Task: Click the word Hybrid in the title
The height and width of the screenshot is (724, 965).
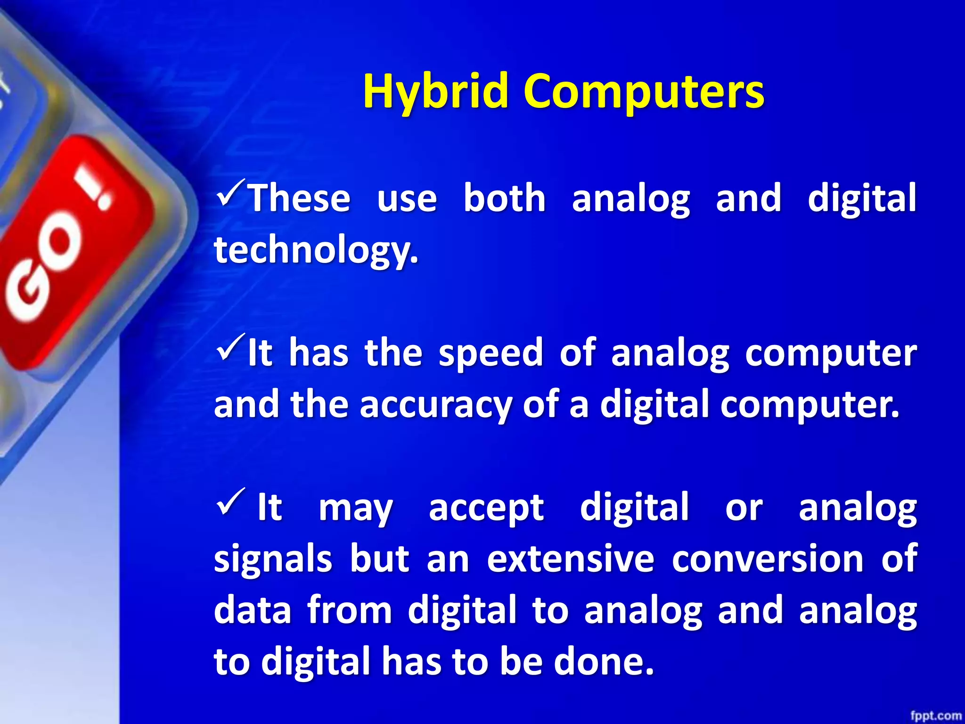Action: pos(436,92)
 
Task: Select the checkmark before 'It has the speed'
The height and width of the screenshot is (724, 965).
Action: pos(231,346)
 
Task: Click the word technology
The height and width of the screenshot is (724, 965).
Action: pos(316,250)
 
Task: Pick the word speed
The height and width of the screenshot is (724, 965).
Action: pos(491,353)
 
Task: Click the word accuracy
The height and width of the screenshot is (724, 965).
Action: pos(436,404)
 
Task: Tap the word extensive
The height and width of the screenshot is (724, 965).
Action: pos(571,559)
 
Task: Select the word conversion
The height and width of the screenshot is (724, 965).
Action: pos(768,559)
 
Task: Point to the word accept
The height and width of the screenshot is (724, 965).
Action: pos(486,508)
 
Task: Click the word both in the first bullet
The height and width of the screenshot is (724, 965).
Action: pos(504,198)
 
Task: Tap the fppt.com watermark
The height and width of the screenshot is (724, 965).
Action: pos(936,716)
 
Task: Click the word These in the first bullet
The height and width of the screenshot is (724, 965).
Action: pos(300,198)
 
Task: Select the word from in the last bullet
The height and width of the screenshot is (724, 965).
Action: pos(349,610)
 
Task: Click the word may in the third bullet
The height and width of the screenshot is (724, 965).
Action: pos(356,508)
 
